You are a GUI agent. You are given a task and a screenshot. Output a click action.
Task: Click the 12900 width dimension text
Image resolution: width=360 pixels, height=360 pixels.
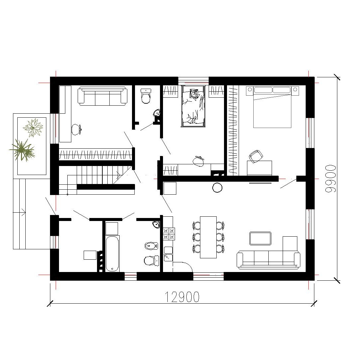pyautogui.click(x=182, y=297)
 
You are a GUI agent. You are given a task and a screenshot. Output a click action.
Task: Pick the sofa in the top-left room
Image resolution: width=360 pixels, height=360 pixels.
pyautogui.click(x=102, y=96)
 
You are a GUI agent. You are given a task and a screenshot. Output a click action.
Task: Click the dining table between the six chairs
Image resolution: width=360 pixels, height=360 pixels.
pyautogui.click(x=208, y=237)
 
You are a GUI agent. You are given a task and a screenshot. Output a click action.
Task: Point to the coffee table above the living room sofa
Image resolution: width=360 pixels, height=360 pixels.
pyautogui.click(x=260, y=238)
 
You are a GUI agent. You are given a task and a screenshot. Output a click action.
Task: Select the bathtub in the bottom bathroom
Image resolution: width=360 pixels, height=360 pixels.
pyautogui.click(x=112, y=253)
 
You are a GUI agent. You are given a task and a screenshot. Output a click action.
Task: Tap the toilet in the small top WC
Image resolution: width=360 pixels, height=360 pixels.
pyautogui.click(x=146, y=96)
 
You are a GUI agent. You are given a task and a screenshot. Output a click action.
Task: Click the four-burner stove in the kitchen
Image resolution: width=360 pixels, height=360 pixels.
pyautogui.click(x=169, y=234)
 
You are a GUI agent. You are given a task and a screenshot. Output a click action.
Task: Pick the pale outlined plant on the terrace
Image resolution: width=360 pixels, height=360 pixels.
pyautogui.click(x=33, y=127)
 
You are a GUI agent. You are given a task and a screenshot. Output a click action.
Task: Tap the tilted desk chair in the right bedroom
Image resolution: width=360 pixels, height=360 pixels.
pyautogui.click(x=256, y=156)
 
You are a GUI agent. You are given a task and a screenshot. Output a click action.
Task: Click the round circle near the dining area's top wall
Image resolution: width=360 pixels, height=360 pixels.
pyautogui.click(x=217, y=188)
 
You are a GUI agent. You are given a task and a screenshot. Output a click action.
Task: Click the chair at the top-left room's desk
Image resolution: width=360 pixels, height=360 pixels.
pyautogui.click(x=77, y=130)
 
